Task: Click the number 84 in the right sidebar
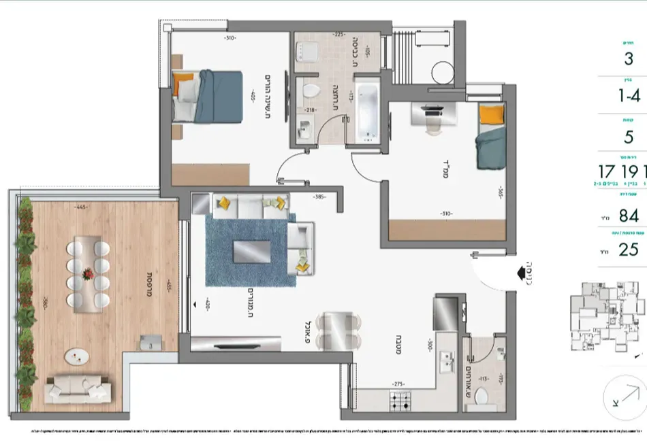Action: click(628, 216)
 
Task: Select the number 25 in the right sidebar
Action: click(628, 250)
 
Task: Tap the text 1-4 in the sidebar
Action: click(628, 96)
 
